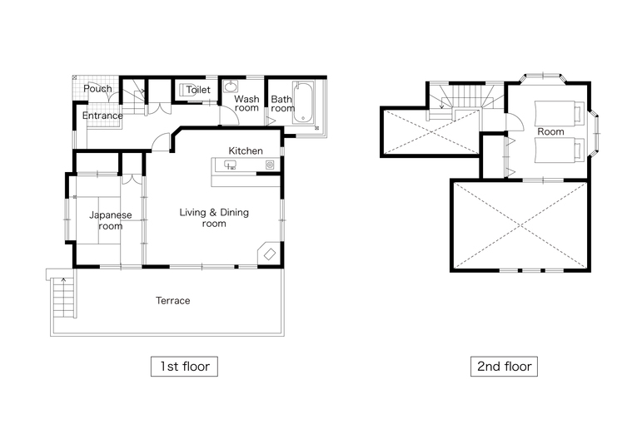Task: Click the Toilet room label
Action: (198, 90)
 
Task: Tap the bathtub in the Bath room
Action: (303, 102)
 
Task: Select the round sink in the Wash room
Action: (231, 86)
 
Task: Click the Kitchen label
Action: (246, 151)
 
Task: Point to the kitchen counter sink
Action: (231, 165)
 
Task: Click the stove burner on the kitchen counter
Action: (270, 165)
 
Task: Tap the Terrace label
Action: (172, 301)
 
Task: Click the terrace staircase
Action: (63, 298)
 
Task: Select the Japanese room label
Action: (111, 220)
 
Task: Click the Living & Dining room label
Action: (214, 218)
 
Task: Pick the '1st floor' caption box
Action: (184, 367)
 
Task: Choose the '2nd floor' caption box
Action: (504, 367)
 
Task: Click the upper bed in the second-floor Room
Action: (559, 113)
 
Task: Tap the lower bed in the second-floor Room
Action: (559, 150)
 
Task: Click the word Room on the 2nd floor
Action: (550, 132)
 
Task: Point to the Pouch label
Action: (97, 88)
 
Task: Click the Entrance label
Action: (102, 116)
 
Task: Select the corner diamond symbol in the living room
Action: (270, 254)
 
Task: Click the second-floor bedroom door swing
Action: (515, 122)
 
